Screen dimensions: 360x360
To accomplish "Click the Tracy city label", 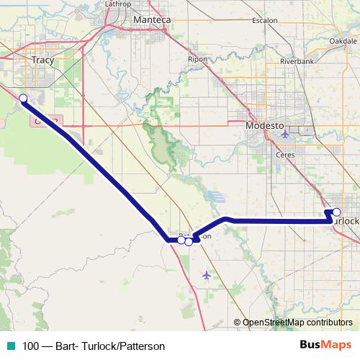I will tap(43, 60).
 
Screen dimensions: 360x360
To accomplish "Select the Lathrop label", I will tap(119, 4).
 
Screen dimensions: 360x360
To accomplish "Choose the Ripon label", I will tap(197, 59).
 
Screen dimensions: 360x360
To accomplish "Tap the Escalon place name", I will tap(265, 21).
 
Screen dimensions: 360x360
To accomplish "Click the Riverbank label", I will tap(297, 62).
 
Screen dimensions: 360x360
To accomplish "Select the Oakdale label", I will tap(343, 41).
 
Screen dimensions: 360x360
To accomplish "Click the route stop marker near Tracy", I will tap(23, 98).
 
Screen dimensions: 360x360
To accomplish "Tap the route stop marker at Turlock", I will tap(336, 212).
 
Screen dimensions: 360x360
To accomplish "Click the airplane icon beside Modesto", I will tap(287, 133).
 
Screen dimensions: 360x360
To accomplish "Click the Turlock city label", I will tap(346, 221).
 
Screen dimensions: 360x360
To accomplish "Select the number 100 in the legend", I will tap(32, 346).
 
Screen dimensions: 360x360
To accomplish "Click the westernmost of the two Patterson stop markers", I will tap(181, 240).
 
